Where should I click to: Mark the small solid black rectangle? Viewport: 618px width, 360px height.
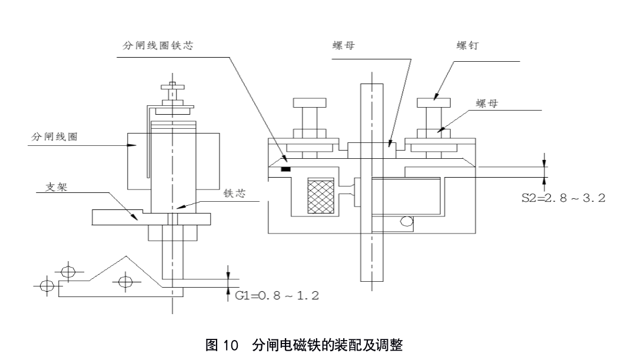tap(285, 169)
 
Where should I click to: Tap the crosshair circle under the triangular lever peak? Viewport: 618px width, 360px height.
tap(124, 281)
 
